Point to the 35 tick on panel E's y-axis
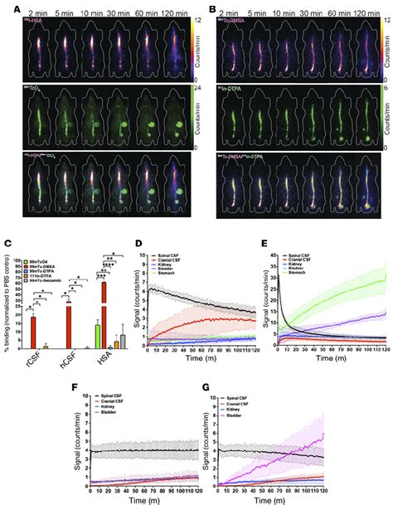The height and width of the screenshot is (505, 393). click(x=274, y=255)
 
